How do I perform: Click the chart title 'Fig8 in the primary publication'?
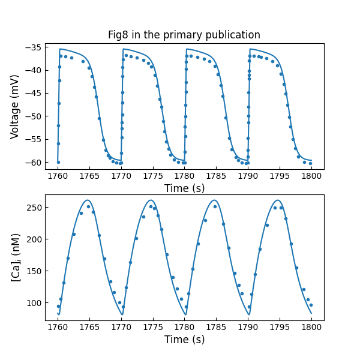tap(184, 35)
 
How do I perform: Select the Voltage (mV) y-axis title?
tap(15, 106)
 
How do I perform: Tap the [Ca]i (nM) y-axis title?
tap(15, 257)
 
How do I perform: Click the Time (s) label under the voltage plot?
tap(184, 188)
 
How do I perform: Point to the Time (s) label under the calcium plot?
tap(184, 339)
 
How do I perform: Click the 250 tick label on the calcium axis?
tap(33, 207)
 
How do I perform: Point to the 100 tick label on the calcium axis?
tap(33, 302)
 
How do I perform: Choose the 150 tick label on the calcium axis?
tap(33, 271)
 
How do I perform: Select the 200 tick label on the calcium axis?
tap(33, 239)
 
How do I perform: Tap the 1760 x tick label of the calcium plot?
tap(58, 327)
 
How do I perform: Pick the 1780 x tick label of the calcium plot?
tap(184, 327)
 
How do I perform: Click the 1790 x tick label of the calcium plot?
tap(248, 327)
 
